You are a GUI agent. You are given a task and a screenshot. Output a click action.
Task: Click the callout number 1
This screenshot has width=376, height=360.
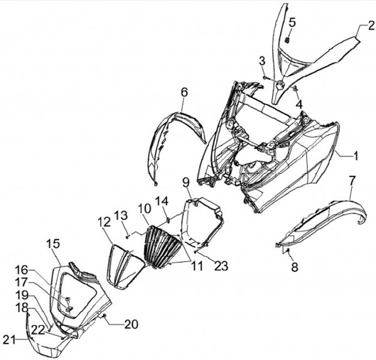pos(355,155)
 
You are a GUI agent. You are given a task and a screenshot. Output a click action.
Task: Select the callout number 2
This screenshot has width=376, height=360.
pos(370,25)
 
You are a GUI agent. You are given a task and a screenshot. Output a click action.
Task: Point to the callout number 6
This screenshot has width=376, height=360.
pos(184,92)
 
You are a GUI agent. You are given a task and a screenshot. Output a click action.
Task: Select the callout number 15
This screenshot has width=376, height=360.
pos(53,243)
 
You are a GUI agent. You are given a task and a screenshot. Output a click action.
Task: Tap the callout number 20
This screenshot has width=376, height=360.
pos(131,324)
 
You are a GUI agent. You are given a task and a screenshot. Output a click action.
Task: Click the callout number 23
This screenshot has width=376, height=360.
pos(221,266)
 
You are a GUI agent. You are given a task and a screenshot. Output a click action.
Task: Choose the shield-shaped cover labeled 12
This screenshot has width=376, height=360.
pos(123,264)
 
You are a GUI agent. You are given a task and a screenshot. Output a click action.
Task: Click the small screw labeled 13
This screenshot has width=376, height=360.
pos(127,236)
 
